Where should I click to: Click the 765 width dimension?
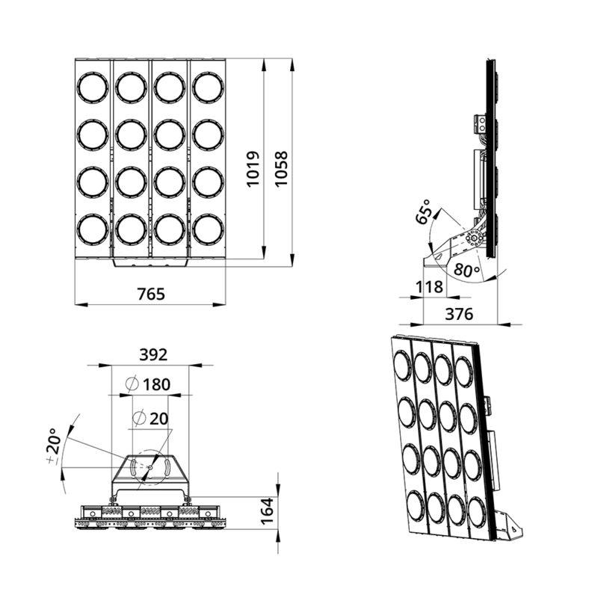coord(151,294)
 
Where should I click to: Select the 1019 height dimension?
coord(253,169)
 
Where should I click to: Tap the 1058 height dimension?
coord(282,169)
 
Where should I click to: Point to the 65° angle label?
coord(423,212)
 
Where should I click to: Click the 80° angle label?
coord(466,270)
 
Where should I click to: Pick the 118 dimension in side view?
coord(429,287)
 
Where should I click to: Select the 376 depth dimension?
coord(459,314)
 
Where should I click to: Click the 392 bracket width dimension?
coord(153,355)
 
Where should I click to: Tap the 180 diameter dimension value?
coord(156,385)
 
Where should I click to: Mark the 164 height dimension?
coord(267,511)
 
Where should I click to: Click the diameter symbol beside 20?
coord(139,418)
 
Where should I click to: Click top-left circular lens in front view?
coord(93,87)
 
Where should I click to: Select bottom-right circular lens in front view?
coord(208,229)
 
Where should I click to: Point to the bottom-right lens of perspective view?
coord(477,514)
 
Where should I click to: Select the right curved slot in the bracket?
coord(167,467)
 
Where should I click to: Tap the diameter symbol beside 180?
coord(132,384)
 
